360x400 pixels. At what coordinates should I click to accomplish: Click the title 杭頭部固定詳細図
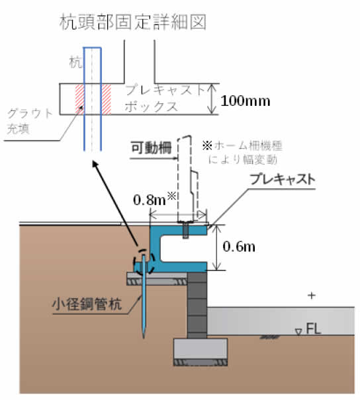tap(133, 22)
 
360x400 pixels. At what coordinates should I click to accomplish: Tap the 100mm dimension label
tap(246, 101)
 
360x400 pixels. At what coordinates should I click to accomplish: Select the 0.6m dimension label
tap(239, 247)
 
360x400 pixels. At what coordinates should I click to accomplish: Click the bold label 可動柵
tap(151, 147)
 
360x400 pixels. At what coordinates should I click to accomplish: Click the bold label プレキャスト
tap(283, 179)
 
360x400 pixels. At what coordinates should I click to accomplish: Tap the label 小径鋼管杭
tap(87, 304)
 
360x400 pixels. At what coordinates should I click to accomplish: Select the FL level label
tap(313, 329)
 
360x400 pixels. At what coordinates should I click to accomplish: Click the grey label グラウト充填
tap(30, 121)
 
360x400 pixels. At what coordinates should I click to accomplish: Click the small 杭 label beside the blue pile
tap(76, 62)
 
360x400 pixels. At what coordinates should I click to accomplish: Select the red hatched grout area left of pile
tap(79, 99)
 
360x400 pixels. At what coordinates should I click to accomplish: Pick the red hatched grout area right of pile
tap(106, 99)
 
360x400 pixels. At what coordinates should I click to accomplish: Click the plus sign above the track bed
tap(312, 296)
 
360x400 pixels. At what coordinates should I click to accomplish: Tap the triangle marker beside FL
tap(298, 332)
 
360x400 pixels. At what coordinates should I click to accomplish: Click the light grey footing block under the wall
tap(201, 349)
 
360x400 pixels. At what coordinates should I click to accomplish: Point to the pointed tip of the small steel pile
tap(144, 338)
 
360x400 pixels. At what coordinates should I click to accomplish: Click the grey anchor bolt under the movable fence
tap(185, 230)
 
